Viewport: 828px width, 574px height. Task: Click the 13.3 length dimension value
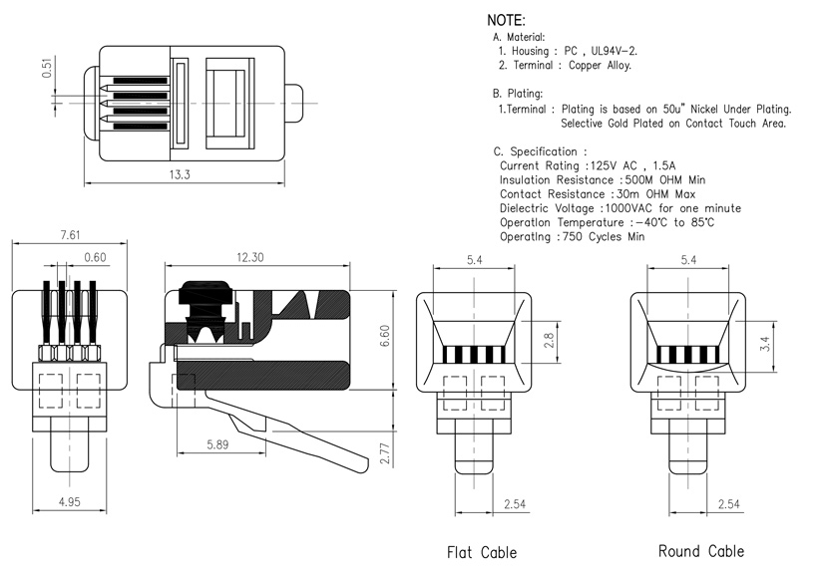(x=180, y=174)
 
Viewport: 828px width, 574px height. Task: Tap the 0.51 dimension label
(x=48, y=69)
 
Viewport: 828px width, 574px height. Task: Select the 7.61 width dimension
(x=70, y=235)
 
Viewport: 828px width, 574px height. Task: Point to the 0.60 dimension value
(x=95, y=257)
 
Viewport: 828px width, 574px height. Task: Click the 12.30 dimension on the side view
(x=249, y=257)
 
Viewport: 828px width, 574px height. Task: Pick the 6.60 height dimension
(x=385, y=336)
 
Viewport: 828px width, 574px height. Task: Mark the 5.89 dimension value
(x=217, y=444)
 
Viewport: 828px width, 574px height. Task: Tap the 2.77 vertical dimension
(x=385, y=453)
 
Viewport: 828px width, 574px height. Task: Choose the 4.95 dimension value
(x=69, y=501)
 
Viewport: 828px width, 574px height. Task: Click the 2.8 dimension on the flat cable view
(x=549, y=340)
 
